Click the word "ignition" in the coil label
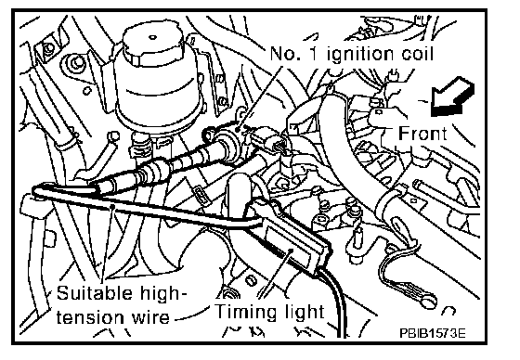pos(359,55)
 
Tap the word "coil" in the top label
pos(417,54)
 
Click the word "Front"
pos(422,134)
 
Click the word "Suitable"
pos(94,292)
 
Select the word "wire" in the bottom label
pos(150,317)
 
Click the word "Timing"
pos(246,313)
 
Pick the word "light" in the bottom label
pos(305,313)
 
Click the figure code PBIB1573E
pos(433,332)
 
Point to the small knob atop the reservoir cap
pos(152,37)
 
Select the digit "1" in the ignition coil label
pos(314,54)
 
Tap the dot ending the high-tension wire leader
pos(113,206)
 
